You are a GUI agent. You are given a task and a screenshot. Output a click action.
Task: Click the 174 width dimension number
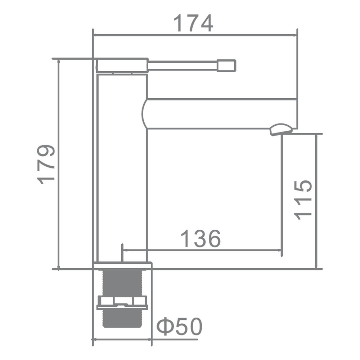(193, 23)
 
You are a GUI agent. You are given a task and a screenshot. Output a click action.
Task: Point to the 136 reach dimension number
(201, 238)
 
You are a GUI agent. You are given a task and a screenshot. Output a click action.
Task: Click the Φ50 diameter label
(179, 327)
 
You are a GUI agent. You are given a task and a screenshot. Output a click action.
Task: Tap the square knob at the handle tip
(226, 66)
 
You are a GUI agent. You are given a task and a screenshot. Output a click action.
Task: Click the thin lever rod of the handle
(182, 66)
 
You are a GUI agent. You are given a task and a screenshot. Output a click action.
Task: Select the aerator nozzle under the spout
(281, 130)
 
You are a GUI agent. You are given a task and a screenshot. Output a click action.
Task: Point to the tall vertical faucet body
(122, 168)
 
